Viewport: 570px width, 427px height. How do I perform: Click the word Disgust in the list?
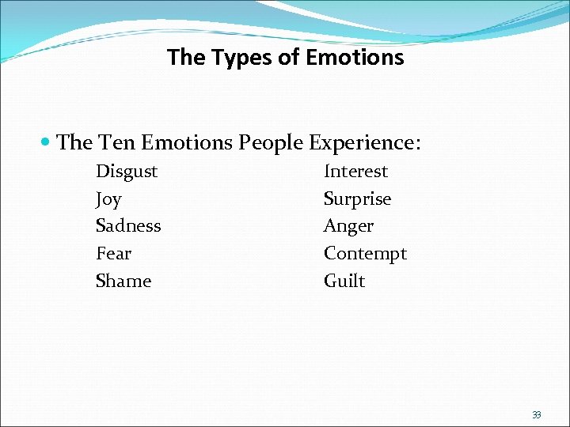click(127, 172)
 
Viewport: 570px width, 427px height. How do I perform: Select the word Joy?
click(108, 199)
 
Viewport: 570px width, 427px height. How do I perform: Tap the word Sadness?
click(128, 226)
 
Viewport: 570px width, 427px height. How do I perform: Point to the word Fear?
click(113, 254)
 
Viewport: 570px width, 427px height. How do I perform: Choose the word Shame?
click(123, 281)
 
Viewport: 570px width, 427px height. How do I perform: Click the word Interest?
click(355, 172)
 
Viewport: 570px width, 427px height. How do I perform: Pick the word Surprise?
click(357, 199)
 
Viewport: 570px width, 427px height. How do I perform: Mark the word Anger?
click(348, 226)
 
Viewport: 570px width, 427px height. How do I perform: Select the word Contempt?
click(365, 254)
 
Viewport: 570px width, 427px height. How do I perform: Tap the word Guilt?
click(344, 281)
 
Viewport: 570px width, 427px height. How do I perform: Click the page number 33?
click(536, 414)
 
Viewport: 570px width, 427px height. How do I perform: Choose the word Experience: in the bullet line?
click(365, 143)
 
